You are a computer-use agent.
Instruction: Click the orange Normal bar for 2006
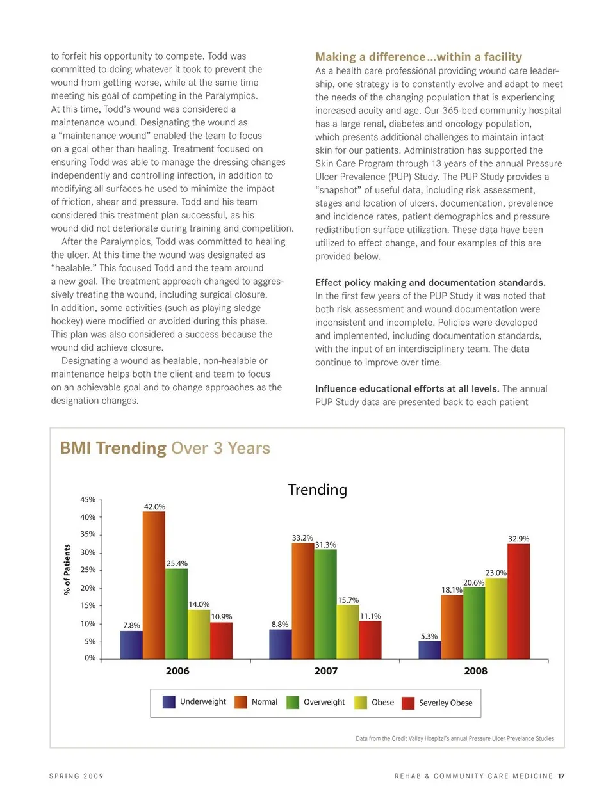click(x=154, y=585)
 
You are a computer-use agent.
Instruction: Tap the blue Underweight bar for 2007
click(x=280, y=644)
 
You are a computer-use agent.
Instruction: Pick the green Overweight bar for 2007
click(x=325, y=604)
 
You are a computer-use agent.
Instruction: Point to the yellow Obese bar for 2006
click(x=199, y=634)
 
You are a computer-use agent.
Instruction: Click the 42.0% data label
click(x=154, y=507)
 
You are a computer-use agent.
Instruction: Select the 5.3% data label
click(x=429, y=636)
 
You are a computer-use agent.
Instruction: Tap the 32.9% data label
click(x=518, y=539)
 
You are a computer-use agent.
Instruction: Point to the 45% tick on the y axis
click(x=88, y=500)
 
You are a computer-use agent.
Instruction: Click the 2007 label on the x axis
click(x=325, y=671)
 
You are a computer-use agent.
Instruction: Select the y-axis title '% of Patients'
click(x=67, y=570)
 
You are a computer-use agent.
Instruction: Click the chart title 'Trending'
click(x=317, y=490)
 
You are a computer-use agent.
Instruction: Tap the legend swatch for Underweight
click(x=169, y=702)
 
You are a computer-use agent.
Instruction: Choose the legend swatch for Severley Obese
click(x=408, y=703)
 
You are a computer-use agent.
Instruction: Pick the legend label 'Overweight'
click(x=324, y=702)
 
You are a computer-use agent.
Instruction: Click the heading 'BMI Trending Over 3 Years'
click(x=165, y=448)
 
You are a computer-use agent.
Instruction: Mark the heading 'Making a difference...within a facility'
click(x=418, y=57)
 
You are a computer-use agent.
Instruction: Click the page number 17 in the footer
click(x=561, y=776)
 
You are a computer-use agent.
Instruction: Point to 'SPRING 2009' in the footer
click(x=76, y=776)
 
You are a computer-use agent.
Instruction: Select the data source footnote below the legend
click(x=455, y=738)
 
